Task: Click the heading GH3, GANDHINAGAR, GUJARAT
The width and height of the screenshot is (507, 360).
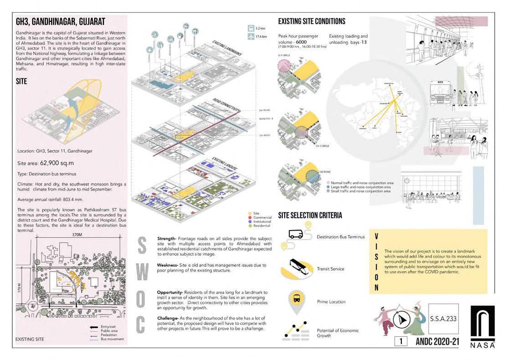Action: (61, 21)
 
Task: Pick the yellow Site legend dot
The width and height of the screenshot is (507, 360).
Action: (250, 213)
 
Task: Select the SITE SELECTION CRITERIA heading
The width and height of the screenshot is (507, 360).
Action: (310, 216)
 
